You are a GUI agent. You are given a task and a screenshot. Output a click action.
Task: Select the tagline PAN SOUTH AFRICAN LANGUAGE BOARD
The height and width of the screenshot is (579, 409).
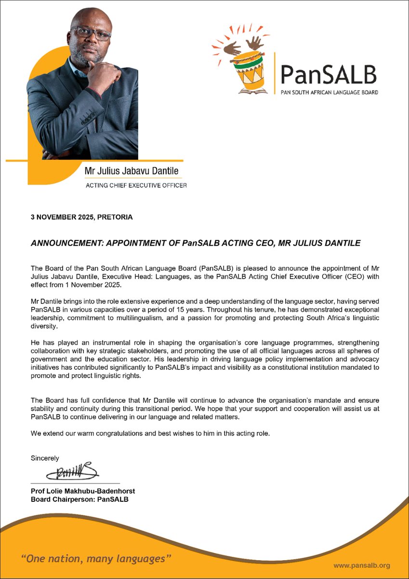[330, 92]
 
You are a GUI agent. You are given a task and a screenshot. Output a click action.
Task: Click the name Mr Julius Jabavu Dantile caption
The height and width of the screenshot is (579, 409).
[128, 171]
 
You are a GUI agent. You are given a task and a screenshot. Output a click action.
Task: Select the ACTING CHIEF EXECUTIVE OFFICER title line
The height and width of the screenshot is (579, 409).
[136, 185]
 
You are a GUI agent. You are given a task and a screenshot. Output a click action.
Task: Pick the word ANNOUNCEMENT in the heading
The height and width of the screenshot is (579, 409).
[63, 244]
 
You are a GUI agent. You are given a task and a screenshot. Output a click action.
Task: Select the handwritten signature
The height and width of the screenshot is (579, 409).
[72, 471]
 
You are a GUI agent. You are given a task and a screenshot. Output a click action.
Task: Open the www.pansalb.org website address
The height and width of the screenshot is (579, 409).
[361, 565]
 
